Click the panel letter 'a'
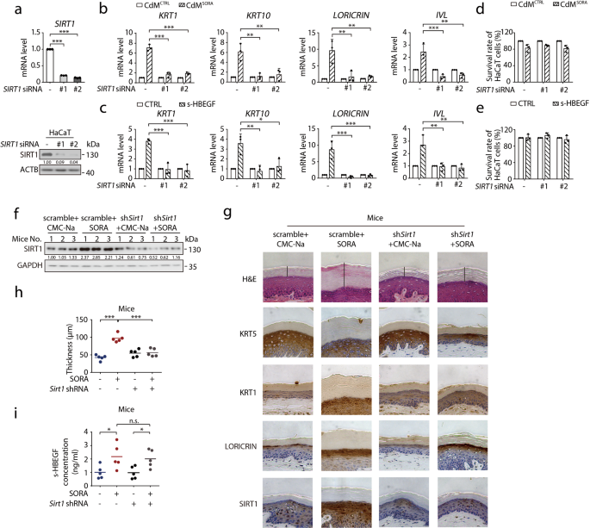tap(7, 8)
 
